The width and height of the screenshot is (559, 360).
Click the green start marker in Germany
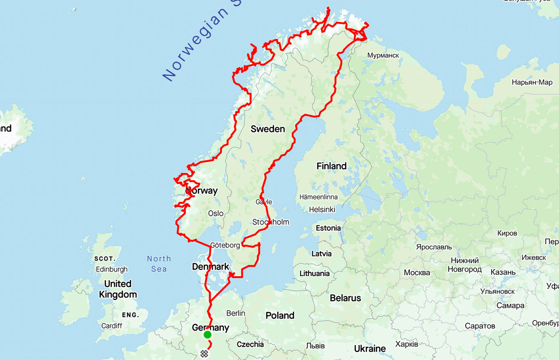pos(207,335)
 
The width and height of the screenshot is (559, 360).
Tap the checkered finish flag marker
pos(204,353)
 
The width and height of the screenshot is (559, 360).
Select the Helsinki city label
pos(322,209)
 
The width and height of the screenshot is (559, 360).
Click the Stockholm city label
pos(270,222)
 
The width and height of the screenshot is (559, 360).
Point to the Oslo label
pos(216,213)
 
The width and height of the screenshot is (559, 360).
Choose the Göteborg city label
pos(225,245)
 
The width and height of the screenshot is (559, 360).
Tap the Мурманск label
pos(383,55)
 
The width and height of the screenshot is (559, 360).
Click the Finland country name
pos(331,166)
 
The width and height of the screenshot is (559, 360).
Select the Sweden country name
pos(268,129)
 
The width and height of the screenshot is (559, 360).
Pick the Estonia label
pos(328,228)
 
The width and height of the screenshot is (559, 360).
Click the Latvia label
pos(322,254)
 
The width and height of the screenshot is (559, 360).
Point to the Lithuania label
pos(315,273)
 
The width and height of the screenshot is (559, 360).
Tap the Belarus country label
pos(345,298)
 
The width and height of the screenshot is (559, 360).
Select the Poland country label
pos(280,315)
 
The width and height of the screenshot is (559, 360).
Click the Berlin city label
pos(236,313)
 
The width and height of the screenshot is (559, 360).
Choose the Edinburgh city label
pos(112,269)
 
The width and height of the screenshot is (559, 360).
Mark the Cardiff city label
pos(112,326)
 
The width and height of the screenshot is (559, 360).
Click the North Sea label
pos(159,263)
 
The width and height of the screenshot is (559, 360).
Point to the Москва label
pos(417,272)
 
